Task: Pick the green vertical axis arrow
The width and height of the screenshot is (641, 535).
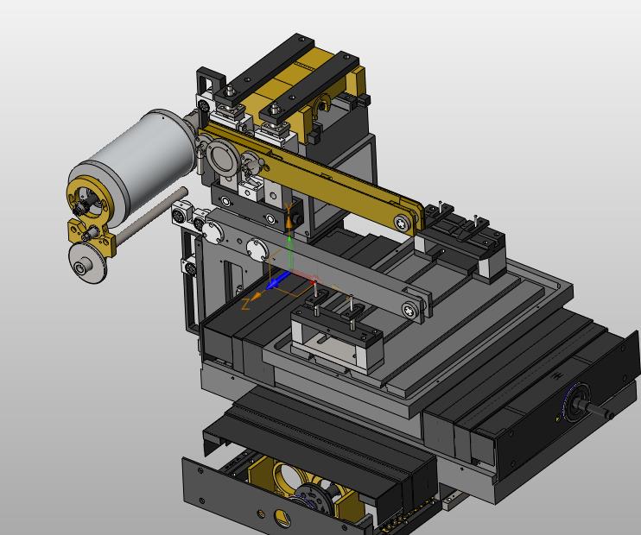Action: (x=289, y=252)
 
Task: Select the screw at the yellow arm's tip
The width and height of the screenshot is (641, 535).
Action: (x=403, y=223)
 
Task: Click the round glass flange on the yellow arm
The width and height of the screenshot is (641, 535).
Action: (x=222, y=159)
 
